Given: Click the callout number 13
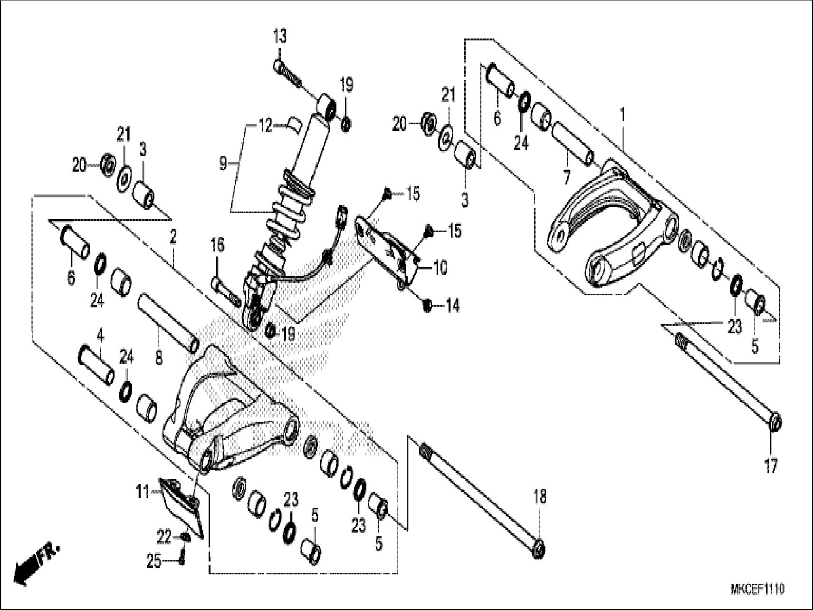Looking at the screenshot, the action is coord(280,36).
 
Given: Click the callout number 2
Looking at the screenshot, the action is coord(173,236).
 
